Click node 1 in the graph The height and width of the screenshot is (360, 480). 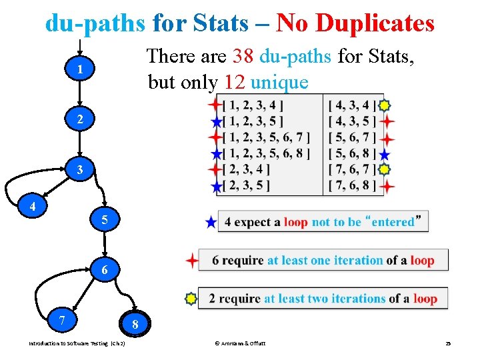(79, 70)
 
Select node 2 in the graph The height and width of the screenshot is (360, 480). (79, 120)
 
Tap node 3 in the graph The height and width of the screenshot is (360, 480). (79, 170)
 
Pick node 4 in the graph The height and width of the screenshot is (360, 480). (32, 207)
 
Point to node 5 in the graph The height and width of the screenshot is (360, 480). (103, 219)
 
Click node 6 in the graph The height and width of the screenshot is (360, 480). (103, 270)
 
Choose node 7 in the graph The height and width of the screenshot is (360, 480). (61, 321)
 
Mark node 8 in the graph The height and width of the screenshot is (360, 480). (135, 325)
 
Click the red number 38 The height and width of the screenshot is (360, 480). (243, 57)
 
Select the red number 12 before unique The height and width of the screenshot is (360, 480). (235, 82)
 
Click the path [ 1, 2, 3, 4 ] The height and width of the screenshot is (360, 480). (253, 105)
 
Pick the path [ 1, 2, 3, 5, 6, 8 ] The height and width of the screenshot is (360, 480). (266, 153)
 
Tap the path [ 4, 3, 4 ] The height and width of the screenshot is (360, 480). (353, 105)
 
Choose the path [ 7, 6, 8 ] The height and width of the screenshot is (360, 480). (353, 185)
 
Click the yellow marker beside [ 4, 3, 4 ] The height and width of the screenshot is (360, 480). (385, 105)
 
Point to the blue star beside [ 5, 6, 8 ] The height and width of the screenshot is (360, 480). (385, 154)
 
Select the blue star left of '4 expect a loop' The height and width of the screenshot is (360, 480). (211, 223)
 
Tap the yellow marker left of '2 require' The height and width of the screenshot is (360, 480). (191, 299)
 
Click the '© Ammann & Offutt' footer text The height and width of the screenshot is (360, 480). (239, 343)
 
